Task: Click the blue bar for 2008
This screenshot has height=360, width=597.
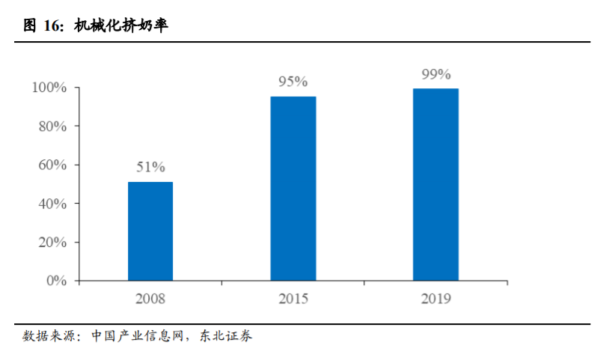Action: [x=150, y=231]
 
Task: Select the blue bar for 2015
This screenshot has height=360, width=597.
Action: [x=293, y=189]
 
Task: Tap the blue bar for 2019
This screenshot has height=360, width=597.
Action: [x=435, y=185]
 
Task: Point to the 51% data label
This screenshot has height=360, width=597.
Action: [x=150, y=167]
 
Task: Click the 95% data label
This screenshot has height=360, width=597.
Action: [x=293, y=82]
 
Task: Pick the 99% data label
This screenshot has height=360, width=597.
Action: [x=435, y=74]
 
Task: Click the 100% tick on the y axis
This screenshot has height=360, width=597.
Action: [x=49, y=88]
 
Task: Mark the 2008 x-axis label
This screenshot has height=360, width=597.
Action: [x=150, y=299]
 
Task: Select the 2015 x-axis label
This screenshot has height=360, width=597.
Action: [x=293, y=299]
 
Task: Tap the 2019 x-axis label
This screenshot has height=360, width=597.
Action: [x=435, y=299]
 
